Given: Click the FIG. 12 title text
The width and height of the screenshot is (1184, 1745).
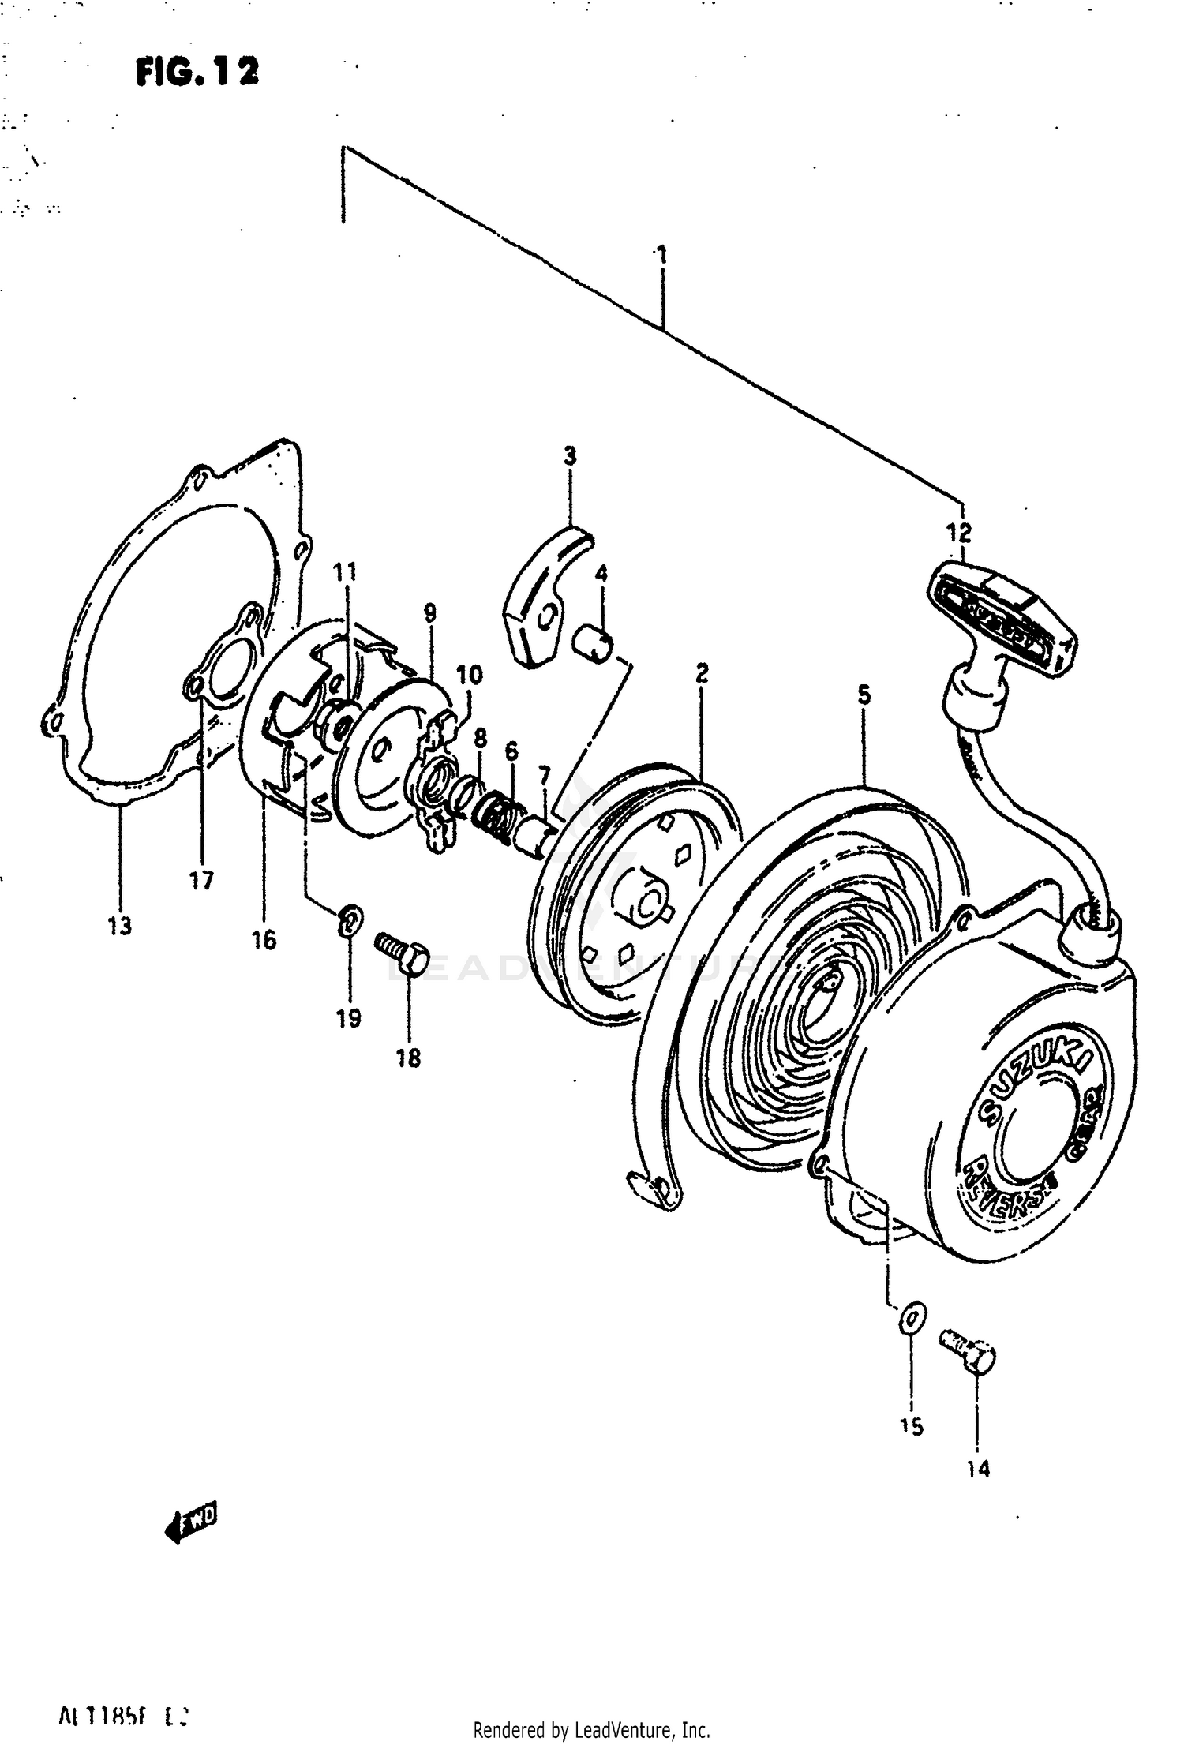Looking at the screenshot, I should (197, 72).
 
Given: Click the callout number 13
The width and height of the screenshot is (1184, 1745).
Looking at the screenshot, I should (120, 927).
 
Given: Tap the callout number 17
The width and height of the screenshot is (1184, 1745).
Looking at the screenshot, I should (201, 881).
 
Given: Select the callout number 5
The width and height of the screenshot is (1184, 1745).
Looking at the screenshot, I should (864, 695).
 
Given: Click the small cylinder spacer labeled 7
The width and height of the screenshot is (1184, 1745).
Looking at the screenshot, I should (534, 835).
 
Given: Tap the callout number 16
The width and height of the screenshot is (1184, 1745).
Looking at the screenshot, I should (264, 939).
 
